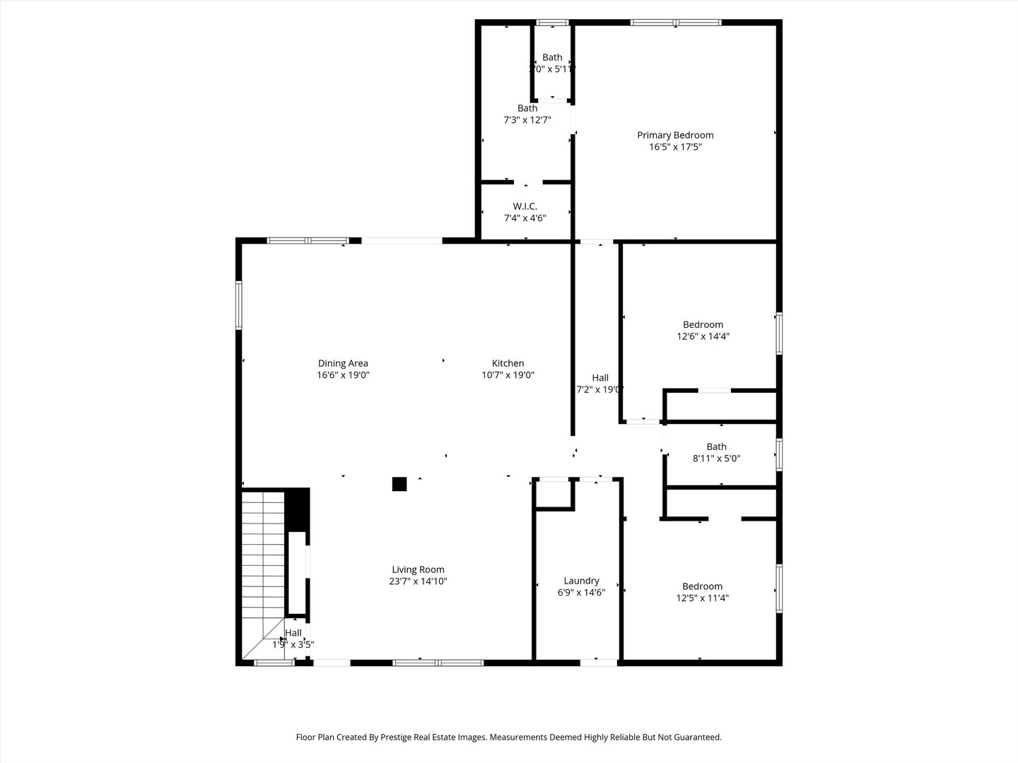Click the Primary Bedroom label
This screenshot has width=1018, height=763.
tap(675, 135)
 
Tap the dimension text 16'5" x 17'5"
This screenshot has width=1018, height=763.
tap(675, 147)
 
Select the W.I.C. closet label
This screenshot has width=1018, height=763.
tap(525, 206)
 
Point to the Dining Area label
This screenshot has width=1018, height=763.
tap(343, 363)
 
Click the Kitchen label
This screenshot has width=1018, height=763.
tap(508, 363)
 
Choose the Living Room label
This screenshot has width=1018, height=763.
tap(418, 569)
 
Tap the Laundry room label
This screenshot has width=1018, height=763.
tap(581, 581)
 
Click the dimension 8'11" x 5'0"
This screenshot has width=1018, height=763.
tap(716, 458)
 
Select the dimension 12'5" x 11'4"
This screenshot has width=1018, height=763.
tap(702, 598)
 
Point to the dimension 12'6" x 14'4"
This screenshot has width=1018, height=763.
tap(703, 336)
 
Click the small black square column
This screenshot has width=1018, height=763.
tap(399, 484)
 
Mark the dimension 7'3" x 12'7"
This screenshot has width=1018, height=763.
tap(527, 120)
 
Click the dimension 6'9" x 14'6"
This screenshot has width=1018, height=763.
tap(581, 593)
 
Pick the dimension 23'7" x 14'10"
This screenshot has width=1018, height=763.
tap(418, 581)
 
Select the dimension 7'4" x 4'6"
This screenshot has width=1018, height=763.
tap(525, 218)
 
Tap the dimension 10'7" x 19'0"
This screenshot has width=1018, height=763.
tap(508, 375)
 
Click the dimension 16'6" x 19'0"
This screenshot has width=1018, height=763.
tap(343, 375)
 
